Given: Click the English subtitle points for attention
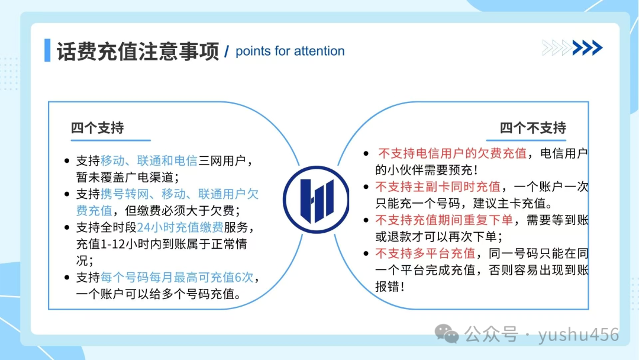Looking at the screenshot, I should coord(289,51).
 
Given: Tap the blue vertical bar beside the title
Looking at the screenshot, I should coord(47,50).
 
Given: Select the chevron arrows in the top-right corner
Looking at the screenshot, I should coord(572,47).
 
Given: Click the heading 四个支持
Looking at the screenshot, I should coord(98,128).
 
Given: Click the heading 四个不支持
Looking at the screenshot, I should coord(532,128).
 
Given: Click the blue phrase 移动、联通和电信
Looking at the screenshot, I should coord(149,160).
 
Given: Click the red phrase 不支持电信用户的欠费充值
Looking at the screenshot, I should coord(452,154).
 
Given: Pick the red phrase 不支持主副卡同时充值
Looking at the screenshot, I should coord(438,187).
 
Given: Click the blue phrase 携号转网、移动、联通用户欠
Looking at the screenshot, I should coord(180,194).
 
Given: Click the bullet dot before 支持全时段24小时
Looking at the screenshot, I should coord(67,228).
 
